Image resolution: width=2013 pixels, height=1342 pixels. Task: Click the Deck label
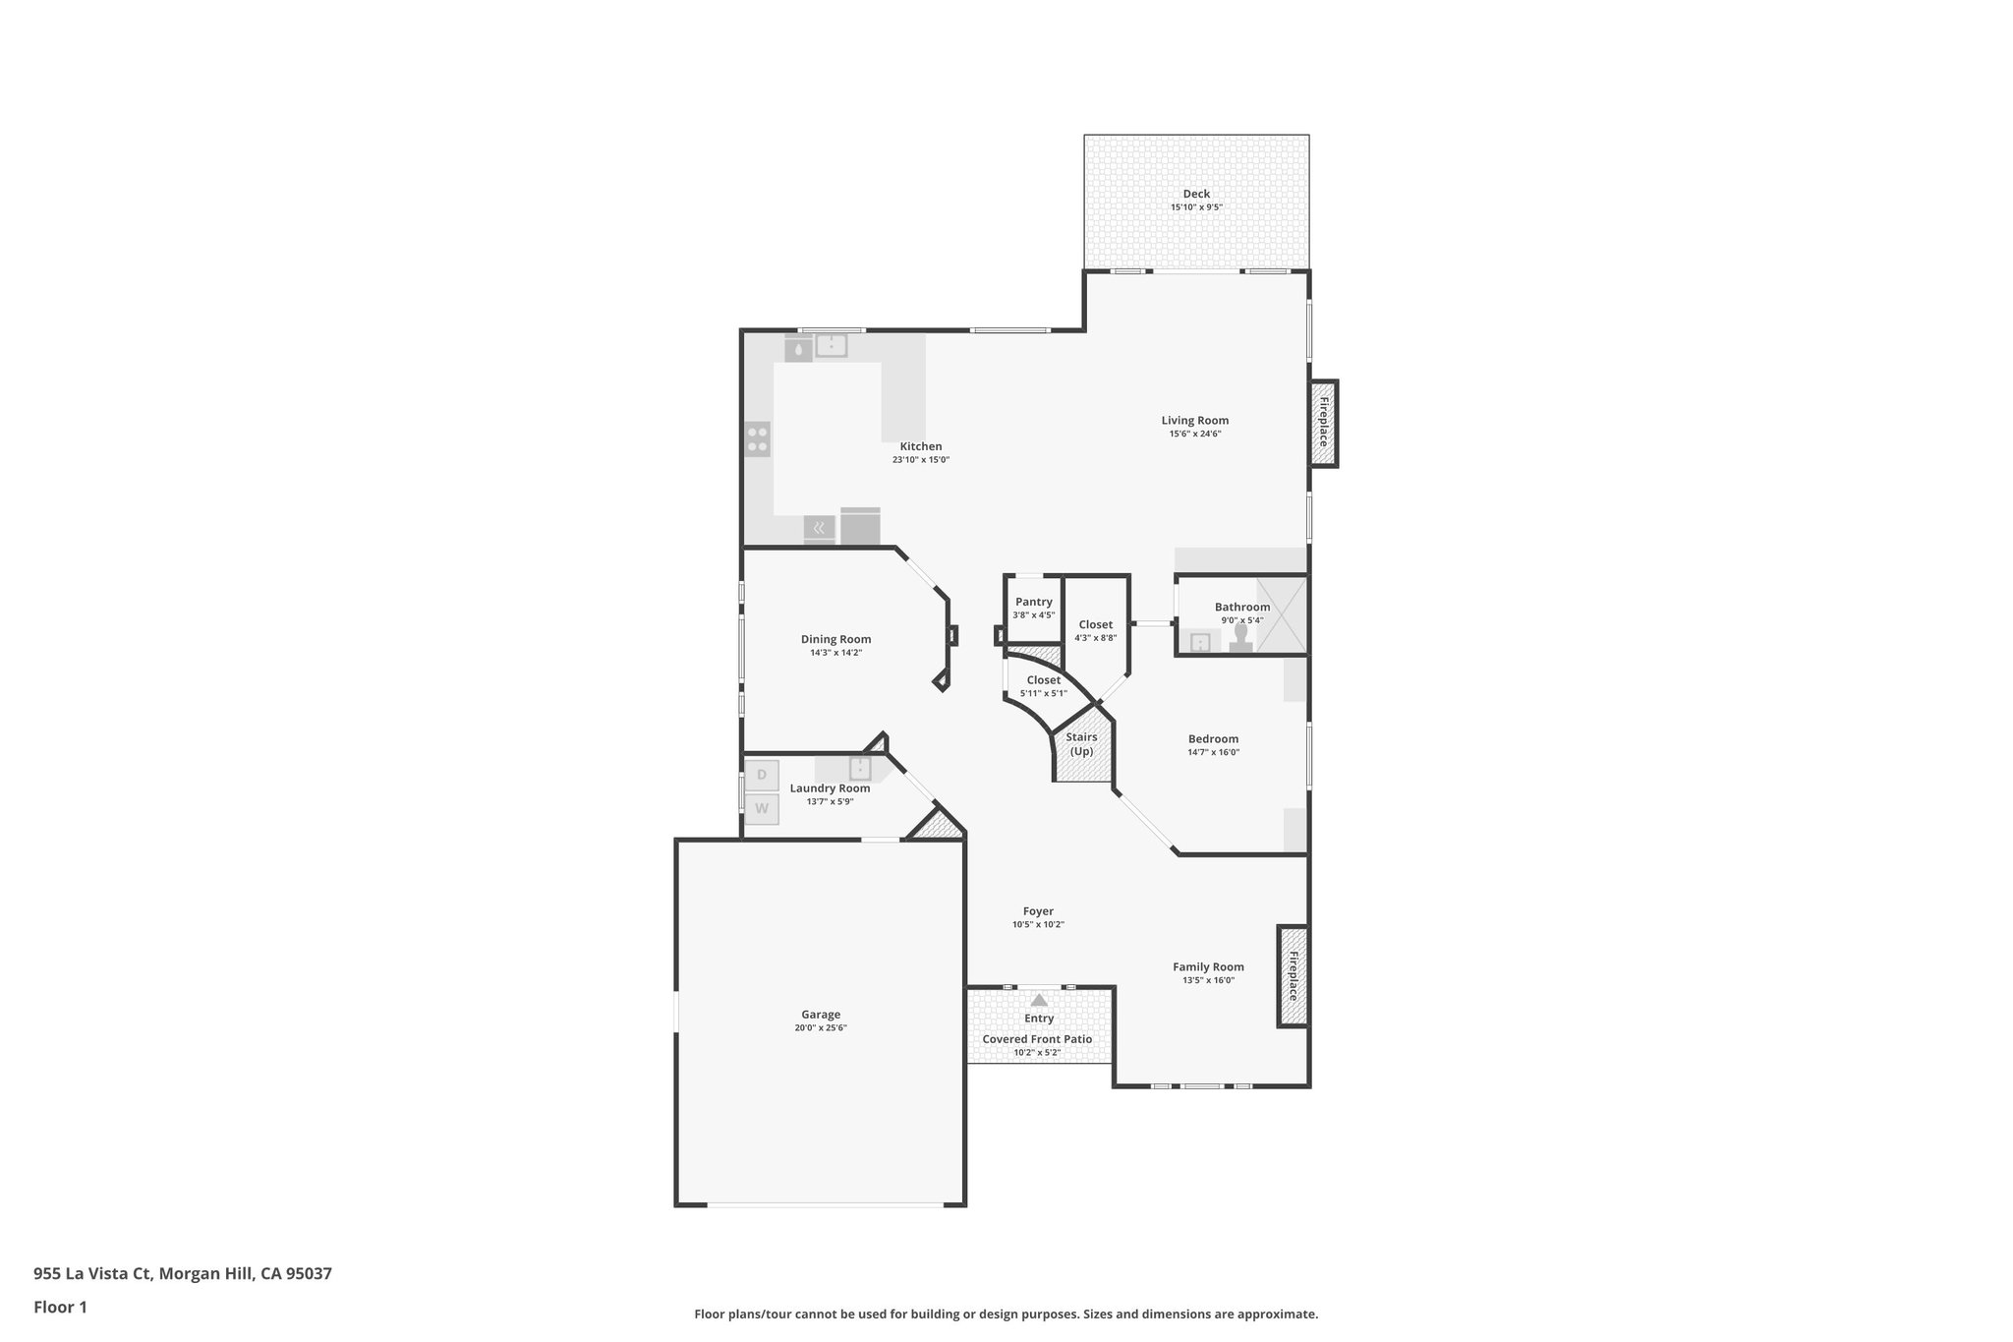tap(1196, 194)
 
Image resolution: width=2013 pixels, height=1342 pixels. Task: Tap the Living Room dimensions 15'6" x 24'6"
tap(1194, 434)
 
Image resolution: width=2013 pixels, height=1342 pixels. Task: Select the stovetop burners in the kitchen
tap(757, 438)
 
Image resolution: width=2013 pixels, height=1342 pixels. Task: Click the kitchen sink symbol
tap(831, 345)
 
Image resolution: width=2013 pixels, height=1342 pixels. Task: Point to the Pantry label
tap(1033, 602)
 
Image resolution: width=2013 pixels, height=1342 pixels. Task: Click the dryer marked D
tap(761, 775)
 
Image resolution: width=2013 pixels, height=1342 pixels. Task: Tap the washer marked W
tap(761, 809)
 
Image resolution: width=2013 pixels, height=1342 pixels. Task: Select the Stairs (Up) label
tap(1081, 744)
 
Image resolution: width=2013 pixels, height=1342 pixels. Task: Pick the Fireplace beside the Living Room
tap(1323, 423)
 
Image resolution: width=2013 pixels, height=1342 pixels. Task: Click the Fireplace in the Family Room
tap(1293, 976)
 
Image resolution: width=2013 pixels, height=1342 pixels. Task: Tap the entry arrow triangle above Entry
tap(1039, 1000)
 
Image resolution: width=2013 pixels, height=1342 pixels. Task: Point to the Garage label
tap(821, 1015)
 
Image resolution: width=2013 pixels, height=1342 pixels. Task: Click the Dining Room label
tap(835, 639)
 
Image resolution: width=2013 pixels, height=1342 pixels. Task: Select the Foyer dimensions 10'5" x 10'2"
tap(1038, 925)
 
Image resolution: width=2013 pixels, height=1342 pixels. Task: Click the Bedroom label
tap(1213, 739)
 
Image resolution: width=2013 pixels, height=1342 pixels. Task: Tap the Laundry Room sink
tap(860, 768)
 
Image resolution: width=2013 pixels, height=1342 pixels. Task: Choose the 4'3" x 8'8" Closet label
tap(1096, 624)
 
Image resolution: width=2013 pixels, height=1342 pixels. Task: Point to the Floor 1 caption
tap(60, 1308)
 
